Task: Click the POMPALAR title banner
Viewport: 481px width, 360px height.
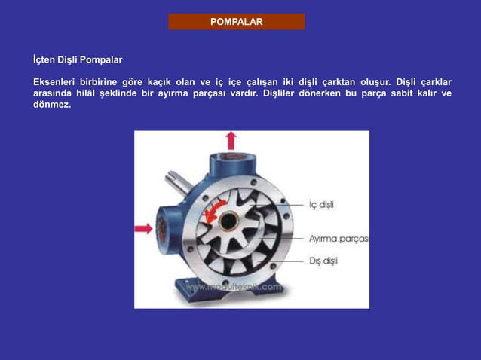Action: [x=236, y=22]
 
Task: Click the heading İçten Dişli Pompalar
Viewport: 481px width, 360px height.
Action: [x=78, y=59]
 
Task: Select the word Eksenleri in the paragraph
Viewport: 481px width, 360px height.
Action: [x=56, y=82]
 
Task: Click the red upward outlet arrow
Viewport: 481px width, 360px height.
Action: [x=231, y=139]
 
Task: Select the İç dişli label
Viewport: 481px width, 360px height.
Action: [x=321, y=205]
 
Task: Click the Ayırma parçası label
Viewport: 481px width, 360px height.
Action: [x=339, y=239]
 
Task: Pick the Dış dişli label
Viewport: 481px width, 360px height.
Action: [x=323, y=261]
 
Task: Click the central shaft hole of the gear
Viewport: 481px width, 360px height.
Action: [x=228, y=223]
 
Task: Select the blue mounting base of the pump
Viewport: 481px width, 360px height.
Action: [x=226, y=290]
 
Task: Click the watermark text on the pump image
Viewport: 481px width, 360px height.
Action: [x=233, y=287]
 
